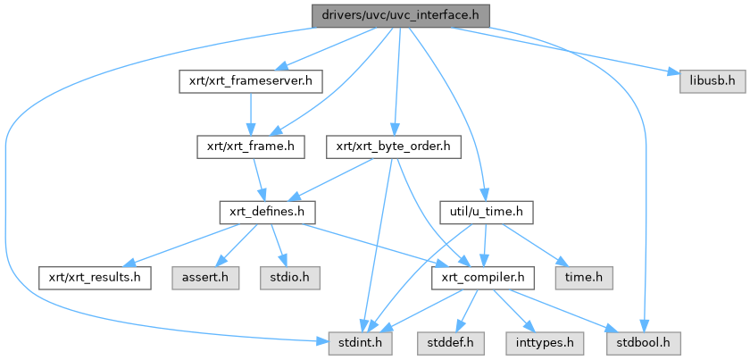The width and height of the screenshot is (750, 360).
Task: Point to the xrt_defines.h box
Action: pos(263,212)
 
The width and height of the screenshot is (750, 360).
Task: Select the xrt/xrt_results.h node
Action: pos(95,277)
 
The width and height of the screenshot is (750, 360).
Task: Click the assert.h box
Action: pos(206,277)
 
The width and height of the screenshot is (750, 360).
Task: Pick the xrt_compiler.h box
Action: pos(483,277)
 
